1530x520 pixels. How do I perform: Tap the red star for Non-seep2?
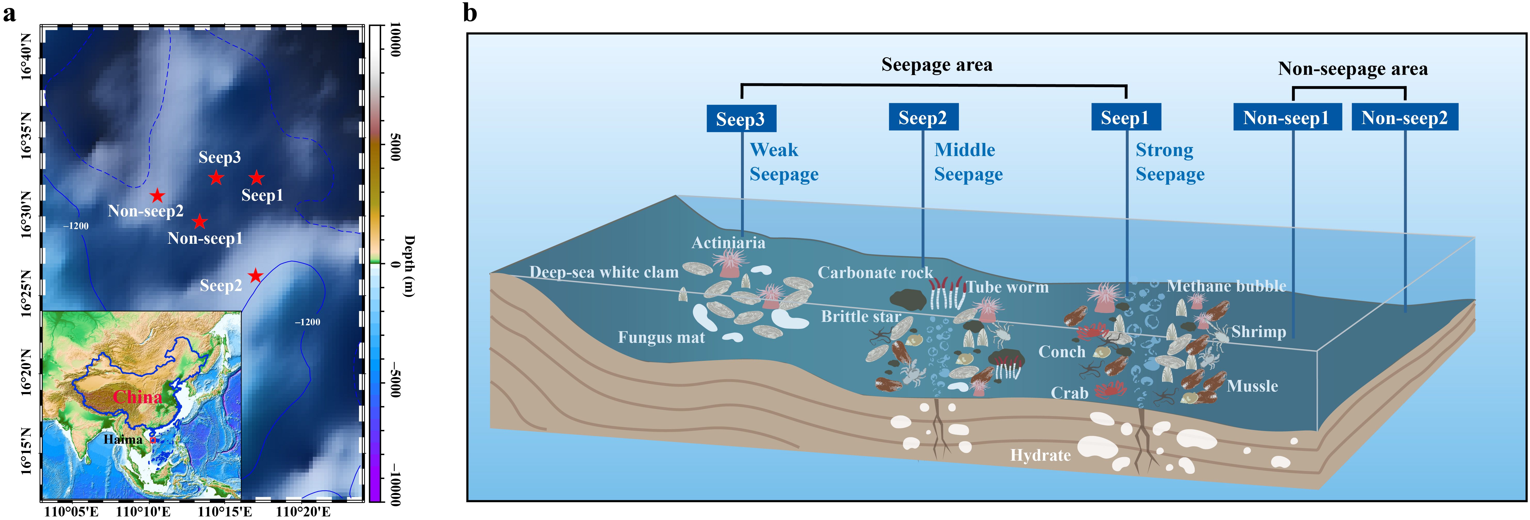pos(157,195)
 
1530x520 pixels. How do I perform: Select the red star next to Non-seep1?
pos(200,222)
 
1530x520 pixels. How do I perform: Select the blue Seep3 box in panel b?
pos(741,119)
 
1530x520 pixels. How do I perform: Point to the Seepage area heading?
pos(937,65)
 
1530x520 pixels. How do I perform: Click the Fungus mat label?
pos(661,338)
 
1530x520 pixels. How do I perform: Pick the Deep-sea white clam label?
pos(603,272)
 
